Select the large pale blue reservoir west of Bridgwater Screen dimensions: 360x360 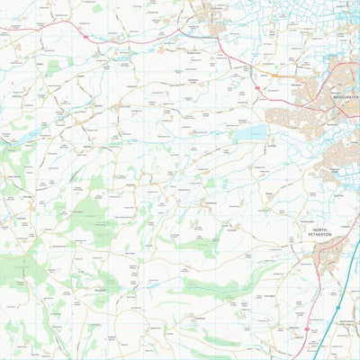point(244,134)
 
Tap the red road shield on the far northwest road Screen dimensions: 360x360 point(83,38)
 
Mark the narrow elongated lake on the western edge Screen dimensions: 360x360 point(23,135)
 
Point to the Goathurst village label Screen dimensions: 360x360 point(211,203)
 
